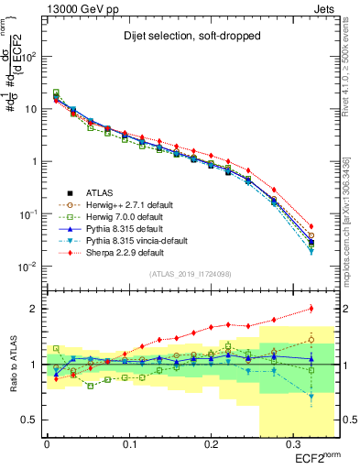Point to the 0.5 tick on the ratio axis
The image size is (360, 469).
[x=32, y=420]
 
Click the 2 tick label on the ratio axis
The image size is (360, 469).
[x=35, y=309]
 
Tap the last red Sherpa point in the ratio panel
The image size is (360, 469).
[x=311, y=308]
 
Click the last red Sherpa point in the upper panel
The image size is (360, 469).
[x=311, y=226]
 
